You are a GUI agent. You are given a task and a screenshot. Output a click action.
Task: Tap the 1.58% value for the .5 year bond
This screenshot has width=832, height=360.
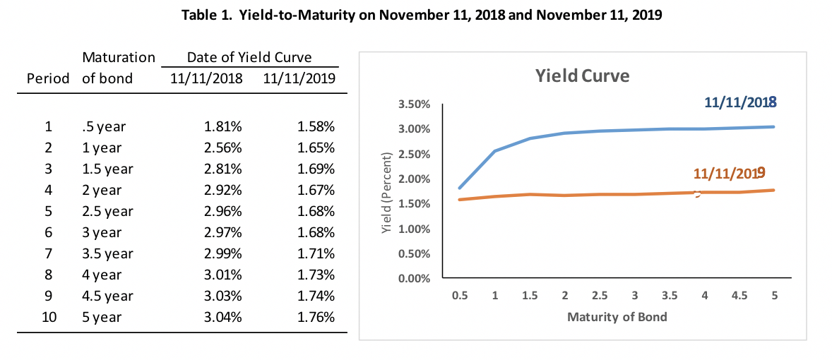pos(316,127)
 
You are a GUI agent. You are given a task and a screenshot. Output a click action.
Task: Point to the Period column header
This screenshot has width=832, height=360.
pos(48,78)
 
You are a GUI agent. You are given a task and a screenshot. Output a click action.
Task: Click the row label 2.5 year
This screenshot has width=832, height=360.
pos(107,211)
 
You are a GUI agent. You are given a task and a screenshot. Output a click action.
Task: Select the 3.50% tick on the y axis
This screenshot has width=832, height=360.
pos(415,104)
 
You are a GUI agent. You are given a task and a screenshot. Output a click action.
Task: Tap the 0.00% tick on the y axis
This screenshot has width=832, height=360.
pos(415,278)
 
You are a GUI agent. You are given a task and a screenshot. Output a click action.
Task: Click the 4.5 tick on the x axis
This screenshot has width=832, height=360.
pos(739,296)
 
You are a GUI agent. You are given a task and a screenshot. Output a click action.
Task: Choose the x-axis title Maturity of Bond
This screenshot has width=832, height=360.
pos(617,316)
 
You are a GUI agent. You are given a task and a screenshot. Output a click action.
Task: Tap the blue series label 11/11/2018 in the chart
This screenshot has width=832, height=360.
pos(740,102)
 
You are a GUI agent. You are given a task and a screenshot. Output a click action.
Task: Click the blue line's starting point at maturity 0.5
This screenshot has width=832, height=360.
pos(460,188)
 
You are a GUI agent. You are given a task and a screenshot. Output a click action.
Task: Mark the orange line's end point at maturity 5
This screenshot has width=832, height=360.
pos(774,190)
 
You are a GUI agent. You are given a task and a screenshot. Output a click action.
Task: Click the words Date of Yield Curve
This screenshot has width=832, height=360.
pos(249,57)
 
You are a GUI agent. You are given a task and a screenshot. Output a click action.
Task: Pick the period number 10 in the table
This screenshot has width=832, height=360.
pos(48,317)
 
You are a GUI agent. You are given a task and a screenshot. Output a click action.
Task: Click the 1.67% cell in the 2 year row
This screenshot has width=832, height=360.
pos(316,190)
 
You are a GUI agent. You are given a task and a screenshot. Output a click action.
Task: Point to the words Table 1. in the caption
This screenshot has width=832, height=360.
pos(206,15)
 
